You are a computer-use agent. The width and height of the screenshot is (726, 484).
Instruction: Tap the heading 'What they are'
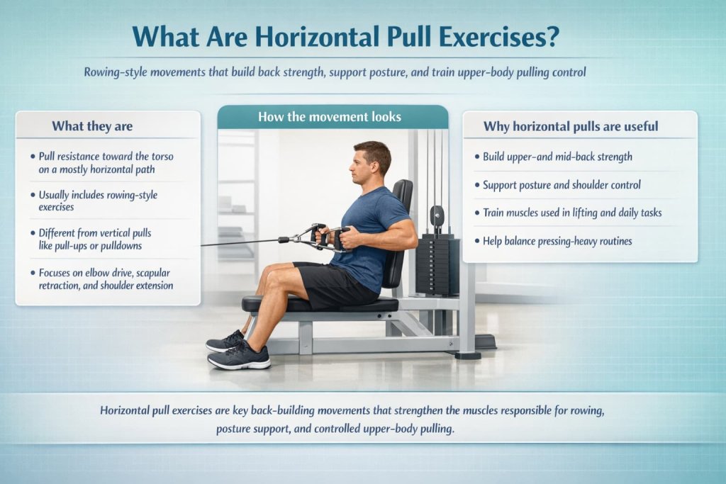(91, 126)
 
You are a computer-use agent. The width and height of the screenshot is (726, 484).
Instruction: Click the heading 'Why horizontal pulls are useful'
(570, 126)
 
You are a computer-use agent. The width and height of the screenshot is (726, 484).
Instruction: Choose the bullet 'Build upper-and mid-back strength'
(557, 156)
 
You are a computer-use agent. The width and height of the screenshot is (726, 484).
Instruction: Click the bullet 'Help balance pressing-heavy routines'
(557, 241)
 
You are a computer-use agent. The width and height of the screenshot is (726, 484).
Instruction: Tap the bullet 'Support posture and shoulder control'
(562, 184)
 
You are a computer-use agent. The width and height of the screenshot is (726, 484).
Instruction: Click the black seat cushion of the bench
(319, 304)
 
